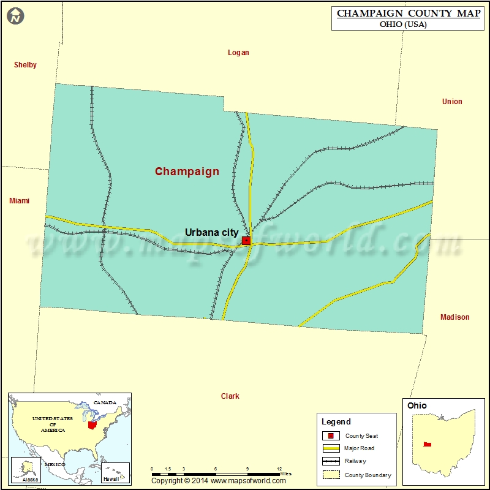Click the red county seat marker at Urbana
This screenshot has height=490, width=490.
tap(246, 241)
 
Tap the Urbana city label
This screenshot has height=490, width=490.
tap(211, 232)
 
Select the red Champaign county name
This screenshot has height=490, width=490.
tap(187, 171)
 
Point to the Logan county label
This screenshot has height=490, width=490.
tap(238, 53)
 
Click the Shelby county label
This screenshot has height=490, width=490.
tap(25, 65)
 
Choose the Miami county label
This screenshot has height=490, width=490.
tap(19, 201)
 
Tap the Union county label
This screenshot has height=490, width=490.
tap(452, 102)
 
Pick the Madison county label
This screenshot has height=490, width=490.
tap(454, 317)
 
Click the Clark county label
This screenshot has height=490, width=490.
tap(230, 396)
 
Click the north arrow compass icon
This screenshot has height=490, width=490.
tap(16, 17)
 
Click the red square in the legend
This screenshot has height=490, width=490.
tap(330, 436)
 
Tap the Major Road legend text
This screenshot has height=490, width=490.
tap(359, 448)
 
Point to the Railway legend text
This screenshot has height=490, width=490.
tap(355, 461)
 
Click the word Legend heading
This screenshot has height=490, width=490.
tap(336, 421)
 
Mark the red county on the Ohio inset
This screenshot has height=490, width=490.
tap(427, 444)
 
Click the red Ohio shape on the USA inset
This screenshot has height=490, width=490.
tap(92, 424)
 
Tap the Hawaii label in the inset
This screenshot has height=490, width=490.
tap(111, 478)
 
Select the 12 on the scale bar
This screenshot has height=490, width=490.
tap(279, 469)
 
